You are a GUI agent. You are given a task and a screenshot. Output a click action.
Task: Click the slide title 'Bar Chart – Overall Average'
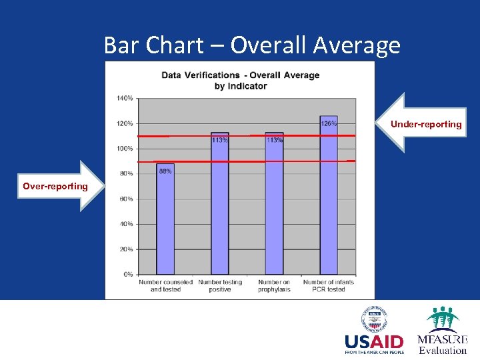coord(252,45)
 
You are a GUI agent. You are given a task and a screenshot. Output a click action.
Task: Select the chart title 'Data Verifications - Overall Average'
coord(240,75)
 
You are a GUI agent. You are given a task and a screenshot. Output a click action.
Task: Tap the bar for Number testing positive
coord(219,207)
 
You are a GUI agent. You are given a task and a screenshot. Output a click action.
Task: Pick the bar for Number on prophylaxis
coord(274,207)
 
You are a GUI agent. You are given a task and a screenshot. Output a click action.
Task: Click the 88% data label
coord(165,171)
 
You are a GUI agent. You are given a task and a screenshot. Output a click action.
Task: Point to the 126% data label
coord(329,123)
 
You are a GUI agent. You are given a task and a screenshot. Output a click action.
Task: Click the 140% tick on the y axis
coord(125,98)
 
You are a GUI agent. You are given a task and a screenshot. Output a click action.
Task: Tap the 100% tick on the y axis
coord(125,149)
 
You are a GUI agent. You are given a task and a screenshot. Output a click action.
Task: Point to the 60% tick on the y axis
coord(125,199)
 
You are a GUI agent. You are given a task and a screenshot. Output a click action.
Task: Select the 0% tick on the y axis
coord(127,274)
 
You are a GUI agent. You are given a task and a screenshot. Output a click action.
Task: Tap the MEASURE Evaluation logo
coord(442,331)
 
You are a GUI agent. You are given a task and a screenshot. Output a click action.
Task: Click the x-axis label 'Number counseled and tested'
coord(165,285)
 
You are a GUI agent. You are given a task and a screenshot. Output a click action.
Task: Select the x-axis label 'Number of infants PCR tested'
coord(329,285)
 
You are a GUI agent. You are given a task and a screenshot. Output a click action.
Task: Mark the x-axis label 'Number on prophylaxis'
coord(274,285)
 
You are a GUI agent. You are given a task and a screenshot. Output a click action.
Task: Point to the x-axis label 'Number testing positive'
coord(219,285)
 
